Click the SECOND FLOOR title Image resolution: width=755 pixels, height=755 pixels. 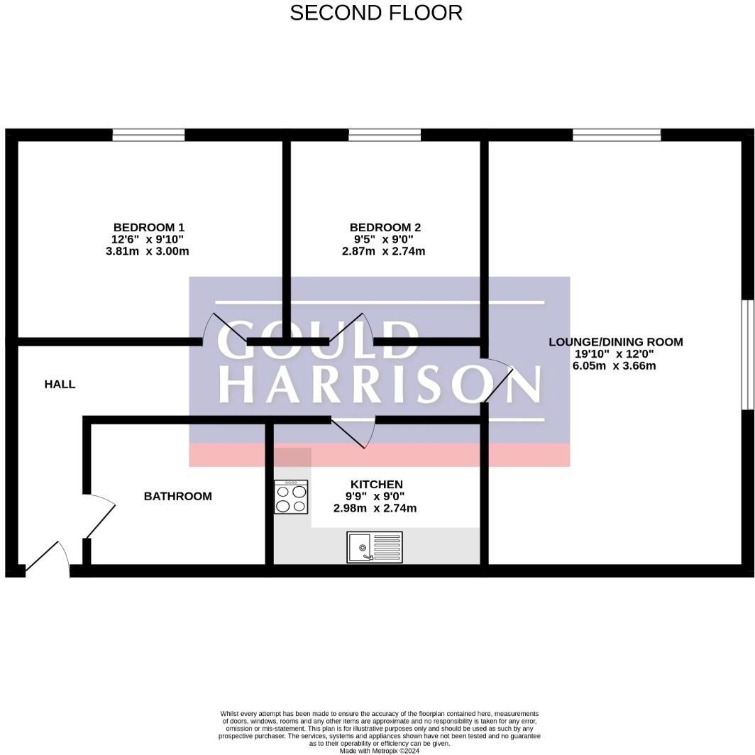click(376, 13)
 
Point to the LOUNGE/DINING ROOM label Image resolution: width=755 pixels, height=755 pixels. click(615, 342)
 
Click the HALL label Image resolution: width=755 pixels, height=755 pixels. click(60, 385)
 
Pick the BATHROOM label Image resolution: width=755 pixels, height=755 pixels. click(177, 496)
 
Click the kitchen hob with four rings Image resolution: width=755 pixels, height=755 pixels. click(291, 497)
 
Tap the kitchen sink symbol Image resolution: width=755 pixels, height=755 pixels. click(375, 546)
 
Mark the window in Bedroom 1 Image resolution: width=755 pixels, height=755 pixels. click(148, 135)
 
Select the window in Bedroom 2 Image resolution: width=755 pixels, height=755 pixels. click(384, 135)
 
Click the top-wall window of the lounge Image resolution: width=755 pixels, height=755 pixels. click(617, 135)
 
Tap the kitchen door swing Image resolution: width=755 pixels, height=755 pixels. click(355, 431)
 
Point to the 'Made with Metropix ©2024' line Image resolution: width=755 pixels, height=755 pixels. click(380, 751)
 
